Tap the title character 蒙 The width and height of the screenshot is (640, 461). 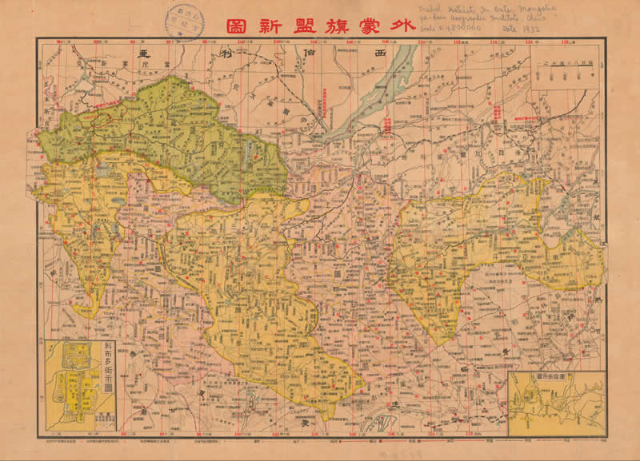367,23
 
